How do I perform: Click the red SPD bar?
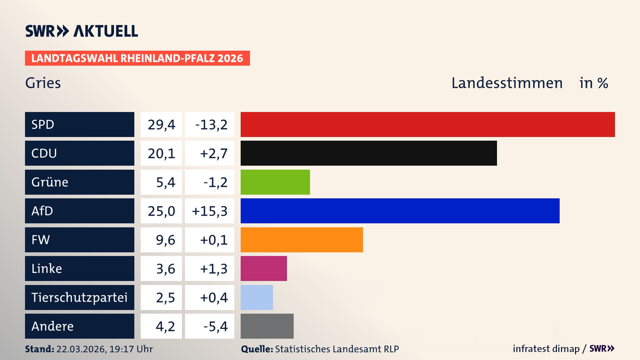[428, 124]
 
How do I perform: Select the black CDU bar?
[369, 153]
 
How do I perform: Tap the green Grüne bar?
[275, 182]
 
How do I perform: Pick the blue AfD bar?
[400, 211]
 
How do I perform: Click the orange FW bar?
[302, 240]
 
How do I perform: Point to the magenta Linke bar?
[264, 268]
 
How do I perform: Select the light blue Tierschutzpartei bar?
[257, 297]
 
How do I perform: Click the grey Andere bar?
[267, 326]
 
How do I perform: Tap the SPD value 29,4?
[161, 125]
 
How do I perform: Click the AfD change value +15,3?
[210, 211]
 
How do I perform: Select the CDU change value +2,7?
[214, 153]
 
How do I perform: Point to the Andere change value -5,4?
[215, 326]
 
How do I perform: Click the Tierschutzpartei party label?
[79, 297]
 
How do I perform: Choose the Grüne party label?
[50, 182]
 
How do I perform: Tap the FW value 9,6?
[165, 240]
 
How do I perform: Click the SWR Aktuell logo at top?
[82, 31]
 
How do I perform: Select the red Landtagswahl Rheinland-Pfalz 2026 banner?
[137, 58]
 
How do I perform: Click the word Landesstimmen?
[507, 83]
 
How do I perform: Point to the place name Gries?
[43, 83]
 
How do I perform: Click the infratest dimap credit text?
[546, 349]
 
